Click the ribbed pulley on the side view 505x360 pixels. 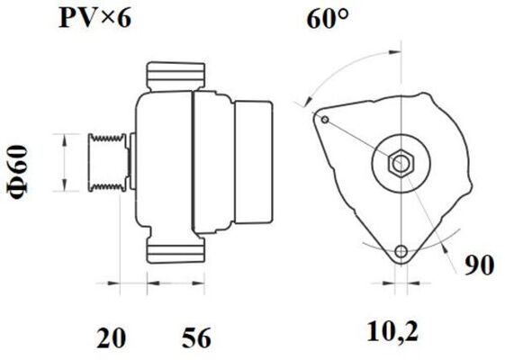coord(106,162)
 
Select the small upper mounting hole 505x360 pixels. coord(324,119)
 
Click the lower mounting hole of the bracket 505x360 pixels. coord(401,252)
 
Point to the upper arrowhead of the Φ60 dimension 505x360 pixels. coord(63,138)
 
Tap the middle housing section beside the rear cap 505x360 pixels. coord(213,162)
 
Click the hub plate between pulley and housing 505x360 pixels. coord(131,162)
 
